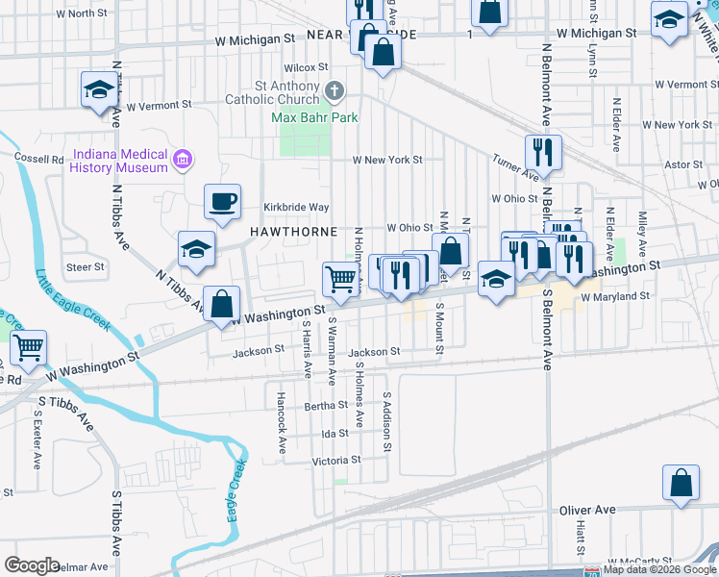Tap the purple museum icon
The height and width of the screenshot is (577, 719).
click(x=182, y=157)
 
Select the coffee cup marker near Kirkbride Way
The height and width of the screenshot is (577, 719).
click(x=222, y=202)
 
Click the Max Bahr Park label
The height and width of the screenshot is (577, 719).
click(x=314, y=117)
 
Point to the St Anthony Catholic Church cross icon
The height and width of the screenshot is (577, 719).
click(x=335, y=92)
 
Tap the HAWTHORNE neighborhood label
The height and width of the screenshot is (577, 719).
click(x=293, y=232)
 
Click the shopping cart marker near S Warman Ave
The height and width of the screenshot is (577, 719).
click(x=341, y=279)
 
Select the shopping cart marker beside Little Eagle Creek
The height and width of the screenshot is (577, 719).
click(x=29, y=347)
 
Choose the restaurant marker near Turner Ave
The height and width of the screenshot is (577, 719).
click(x=543, y=152)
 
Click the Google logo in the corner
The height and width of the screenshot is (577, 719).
click(x=32, y=565)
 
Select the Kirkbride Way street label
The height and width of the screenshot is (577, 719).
click(x=297, y=207)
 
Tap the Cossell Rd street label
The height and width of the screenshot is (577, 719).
click(x=38, y=158)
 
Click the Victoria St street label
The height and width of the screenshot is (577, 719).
click(x=335, y=460)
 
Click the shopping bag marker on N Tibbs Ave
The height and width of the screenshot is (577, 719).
click(x=222, y=304)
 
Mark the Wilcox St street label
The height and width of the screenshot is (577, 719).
click(x=306, y=67)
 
